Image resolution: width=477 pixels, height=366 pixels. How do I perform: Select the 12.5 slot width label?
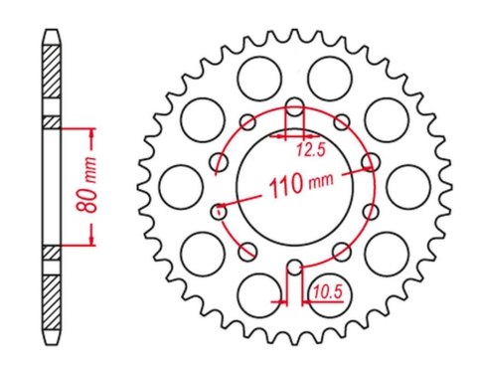pyautogui.click(x=310, y=151)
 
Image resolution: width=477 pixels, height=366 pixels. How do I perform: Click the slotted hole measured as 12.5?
pyautogui.click(x=294, y=109)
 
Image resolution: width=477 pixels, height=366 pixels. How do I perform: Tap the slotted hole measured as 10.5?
pyautogui.click(x=294, y=269)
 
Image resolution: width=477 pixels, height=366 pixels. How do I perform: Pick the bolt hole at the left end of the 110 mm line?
pyautogui.click(x=219, y=209)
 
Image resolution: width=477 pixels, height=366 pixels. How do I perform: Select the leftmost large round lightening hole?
pyautogui.click(x=178, y=184)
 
